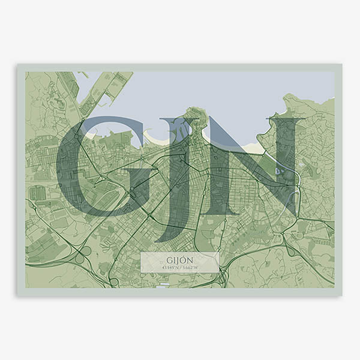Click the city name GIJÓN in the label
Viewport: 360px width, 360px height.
[179, 259]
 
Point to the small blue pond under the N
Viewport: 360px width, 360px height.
[277, 171]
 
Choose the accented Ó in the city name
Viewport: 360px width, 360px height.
[188, 259]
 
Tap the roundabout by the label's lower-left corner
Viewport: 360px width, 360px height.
[114, 280]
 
